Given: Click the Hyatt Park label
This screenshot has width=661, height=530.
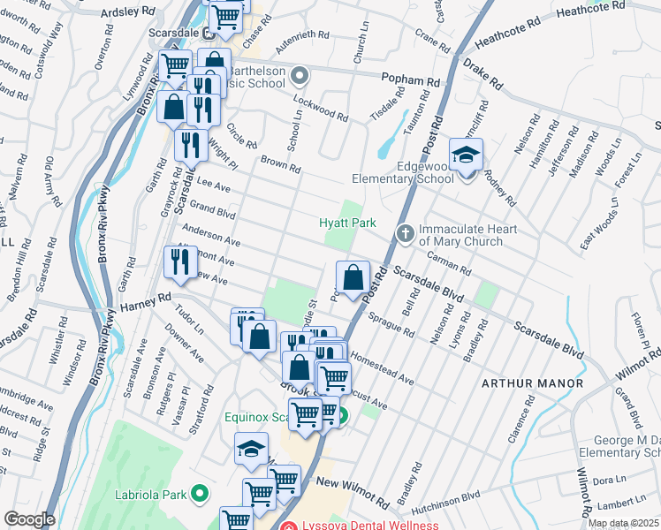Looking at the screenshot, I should coord(342,223).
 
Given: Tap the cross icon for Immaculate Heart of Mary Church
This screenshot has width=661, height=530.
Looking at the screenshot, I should coord(406,234).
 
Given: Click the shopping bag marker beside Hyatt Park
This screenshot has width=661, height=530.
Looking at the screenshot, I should coord(353,278).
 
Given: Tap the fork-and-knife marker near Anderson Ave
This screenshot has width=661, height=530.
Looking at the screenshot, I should coord(179,262).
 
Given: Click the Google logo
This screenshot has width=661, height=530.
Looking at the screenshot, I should coord(29,519).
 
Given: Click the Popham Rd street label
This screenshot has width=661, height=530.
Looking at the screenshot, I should coord(410,80).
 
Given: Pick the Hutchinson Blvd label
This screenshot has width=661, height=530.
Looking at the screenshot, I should coord(470,501).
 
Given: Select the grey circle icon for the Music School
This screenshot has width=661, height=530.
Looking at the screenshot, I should coord(300,76).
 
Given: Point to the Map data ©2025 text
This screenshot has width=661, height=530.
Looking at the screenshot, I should coord(623,523).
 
